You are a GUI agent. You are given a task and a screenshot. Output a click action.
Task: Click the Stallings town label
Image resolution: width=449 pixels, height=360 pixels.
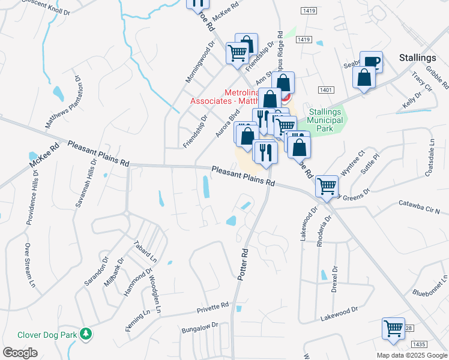417,58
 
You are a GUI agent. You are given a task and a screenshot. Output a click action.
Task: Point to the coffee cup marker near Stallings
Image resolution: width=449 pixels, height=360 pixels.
371,61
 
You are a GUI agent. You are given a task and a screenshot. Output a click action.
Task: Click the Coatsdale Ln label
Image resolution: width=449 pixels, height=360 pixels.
429,156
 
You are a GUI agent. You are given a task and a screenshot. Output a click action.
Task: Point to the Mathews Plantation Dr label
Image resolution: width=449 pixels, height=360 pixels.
64,101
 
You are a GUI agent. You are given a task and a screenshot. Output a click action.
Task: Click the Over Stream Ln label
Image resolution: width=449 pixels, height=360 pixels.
28,265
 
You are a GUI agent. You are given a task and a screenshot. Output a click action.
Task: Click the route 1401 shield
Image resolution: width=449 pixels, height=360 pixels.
327,89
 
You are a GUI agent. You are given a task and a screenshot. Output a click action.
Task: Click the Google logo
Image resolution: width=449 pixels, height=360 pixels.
20,353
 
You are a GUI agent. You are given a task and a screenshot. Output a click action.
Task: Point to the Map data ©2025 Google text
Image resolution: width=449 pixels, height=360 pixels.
411,355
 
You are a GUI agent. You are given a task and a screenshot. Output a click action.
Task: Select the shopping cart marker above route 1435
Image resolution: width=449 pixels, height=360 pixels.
393,328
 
